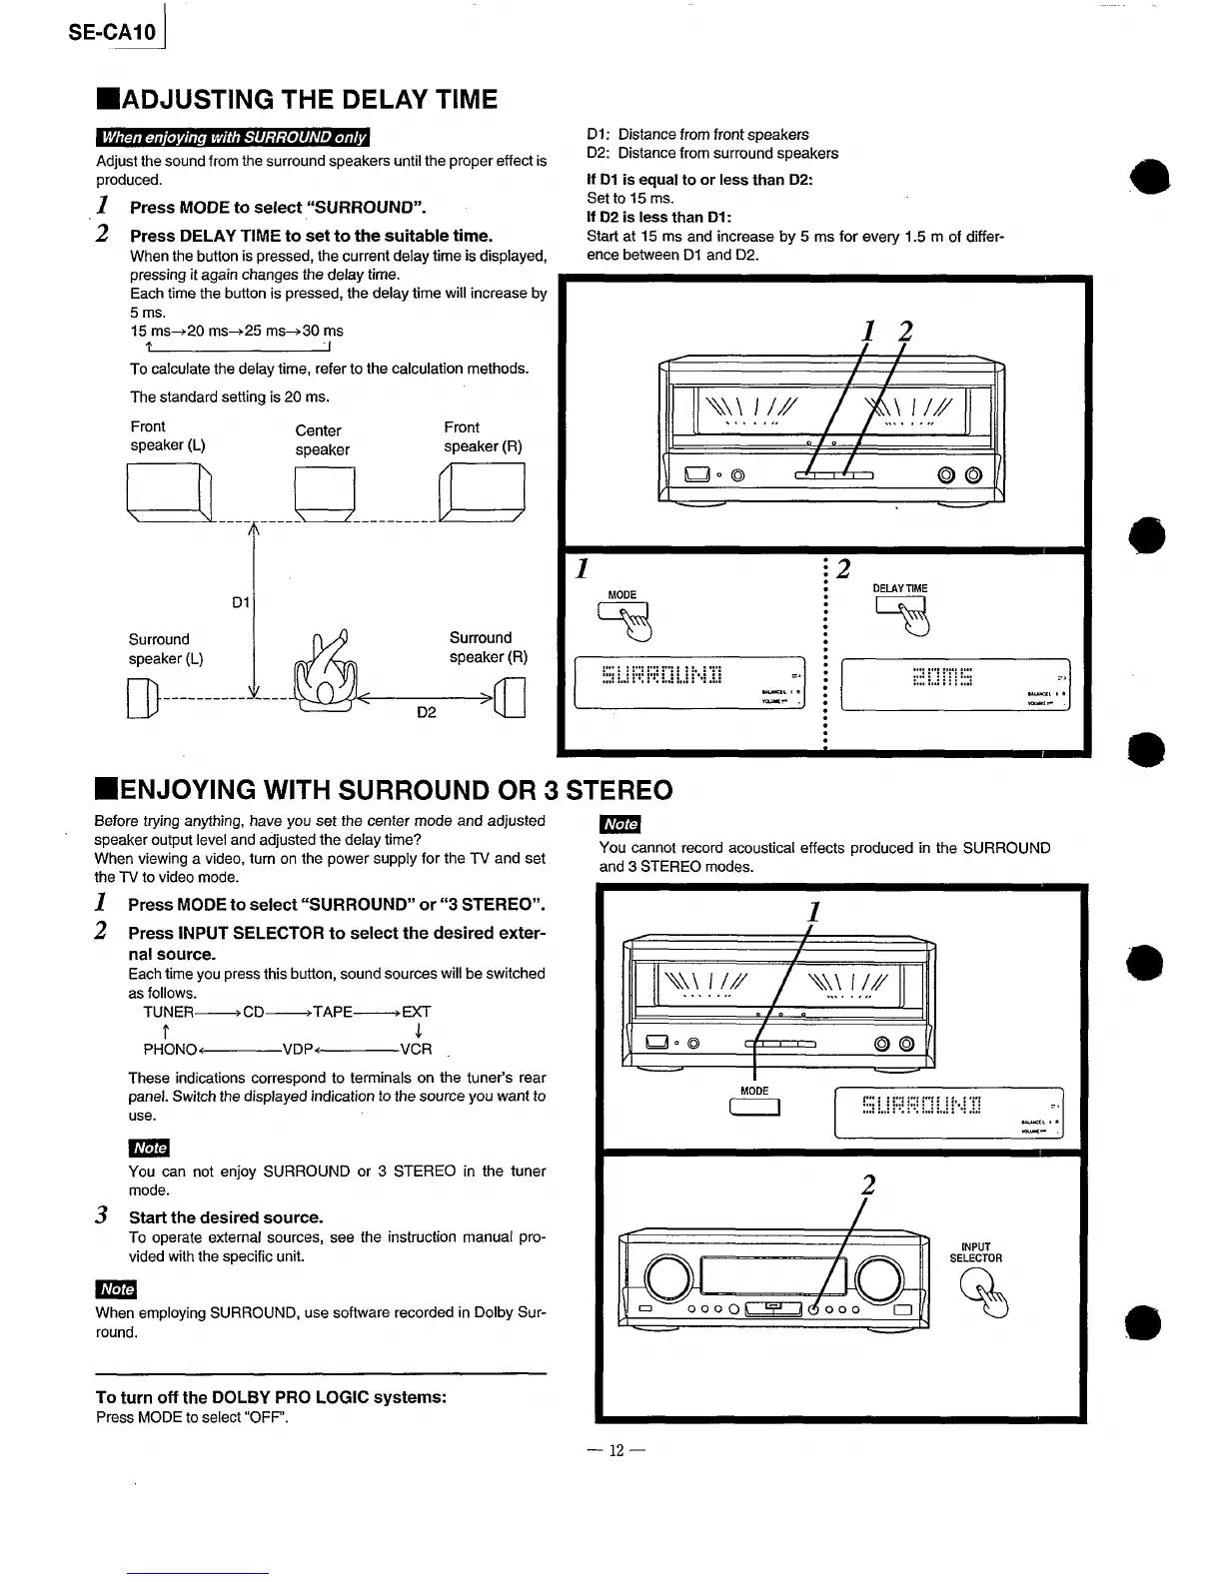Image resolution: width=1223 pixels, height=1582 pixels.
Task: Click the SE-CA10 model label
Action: click(113, 33)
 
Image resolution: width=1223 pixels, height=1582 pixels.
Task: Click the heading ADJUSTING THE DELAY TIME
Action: click(297, 100)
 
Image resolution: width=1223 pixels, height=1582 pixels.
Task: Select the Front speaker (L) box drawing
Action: click(169, 493)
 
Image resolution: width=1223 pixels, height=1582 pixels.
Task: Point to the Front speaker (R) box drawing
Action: click(482, 494)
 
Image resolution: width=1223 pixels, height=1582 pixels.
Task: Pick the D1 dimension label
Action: click(240, 603)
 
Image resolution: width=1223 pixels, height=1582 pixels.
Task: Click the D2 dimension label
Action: click(427, 712)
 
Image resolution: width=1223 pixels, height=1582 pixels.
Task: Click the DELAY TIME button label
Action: click(900, 588)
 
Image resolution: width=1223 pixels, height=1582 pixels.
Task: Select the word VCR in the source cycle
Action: click(416, 1049)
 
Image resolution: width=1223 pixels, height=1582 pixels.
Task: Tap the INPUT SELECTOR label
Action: click(975, 1252)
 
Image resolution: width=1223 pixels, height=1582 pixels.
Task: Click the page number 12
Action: click(616, 1450)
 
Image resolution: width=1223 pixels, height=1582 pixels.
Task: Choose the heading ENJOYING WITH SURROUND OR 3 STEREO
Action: click(384, 790)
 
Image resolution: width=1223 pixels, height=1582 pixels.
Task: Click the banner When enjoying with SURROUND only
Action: click(232, 137)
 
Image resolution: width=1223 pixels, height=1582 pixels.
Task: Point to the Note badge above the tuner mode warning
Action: click(149, 1148)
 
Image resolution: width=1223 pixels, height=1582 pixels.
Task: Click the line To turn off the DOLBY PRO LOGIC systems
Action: click(271, 1396)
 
